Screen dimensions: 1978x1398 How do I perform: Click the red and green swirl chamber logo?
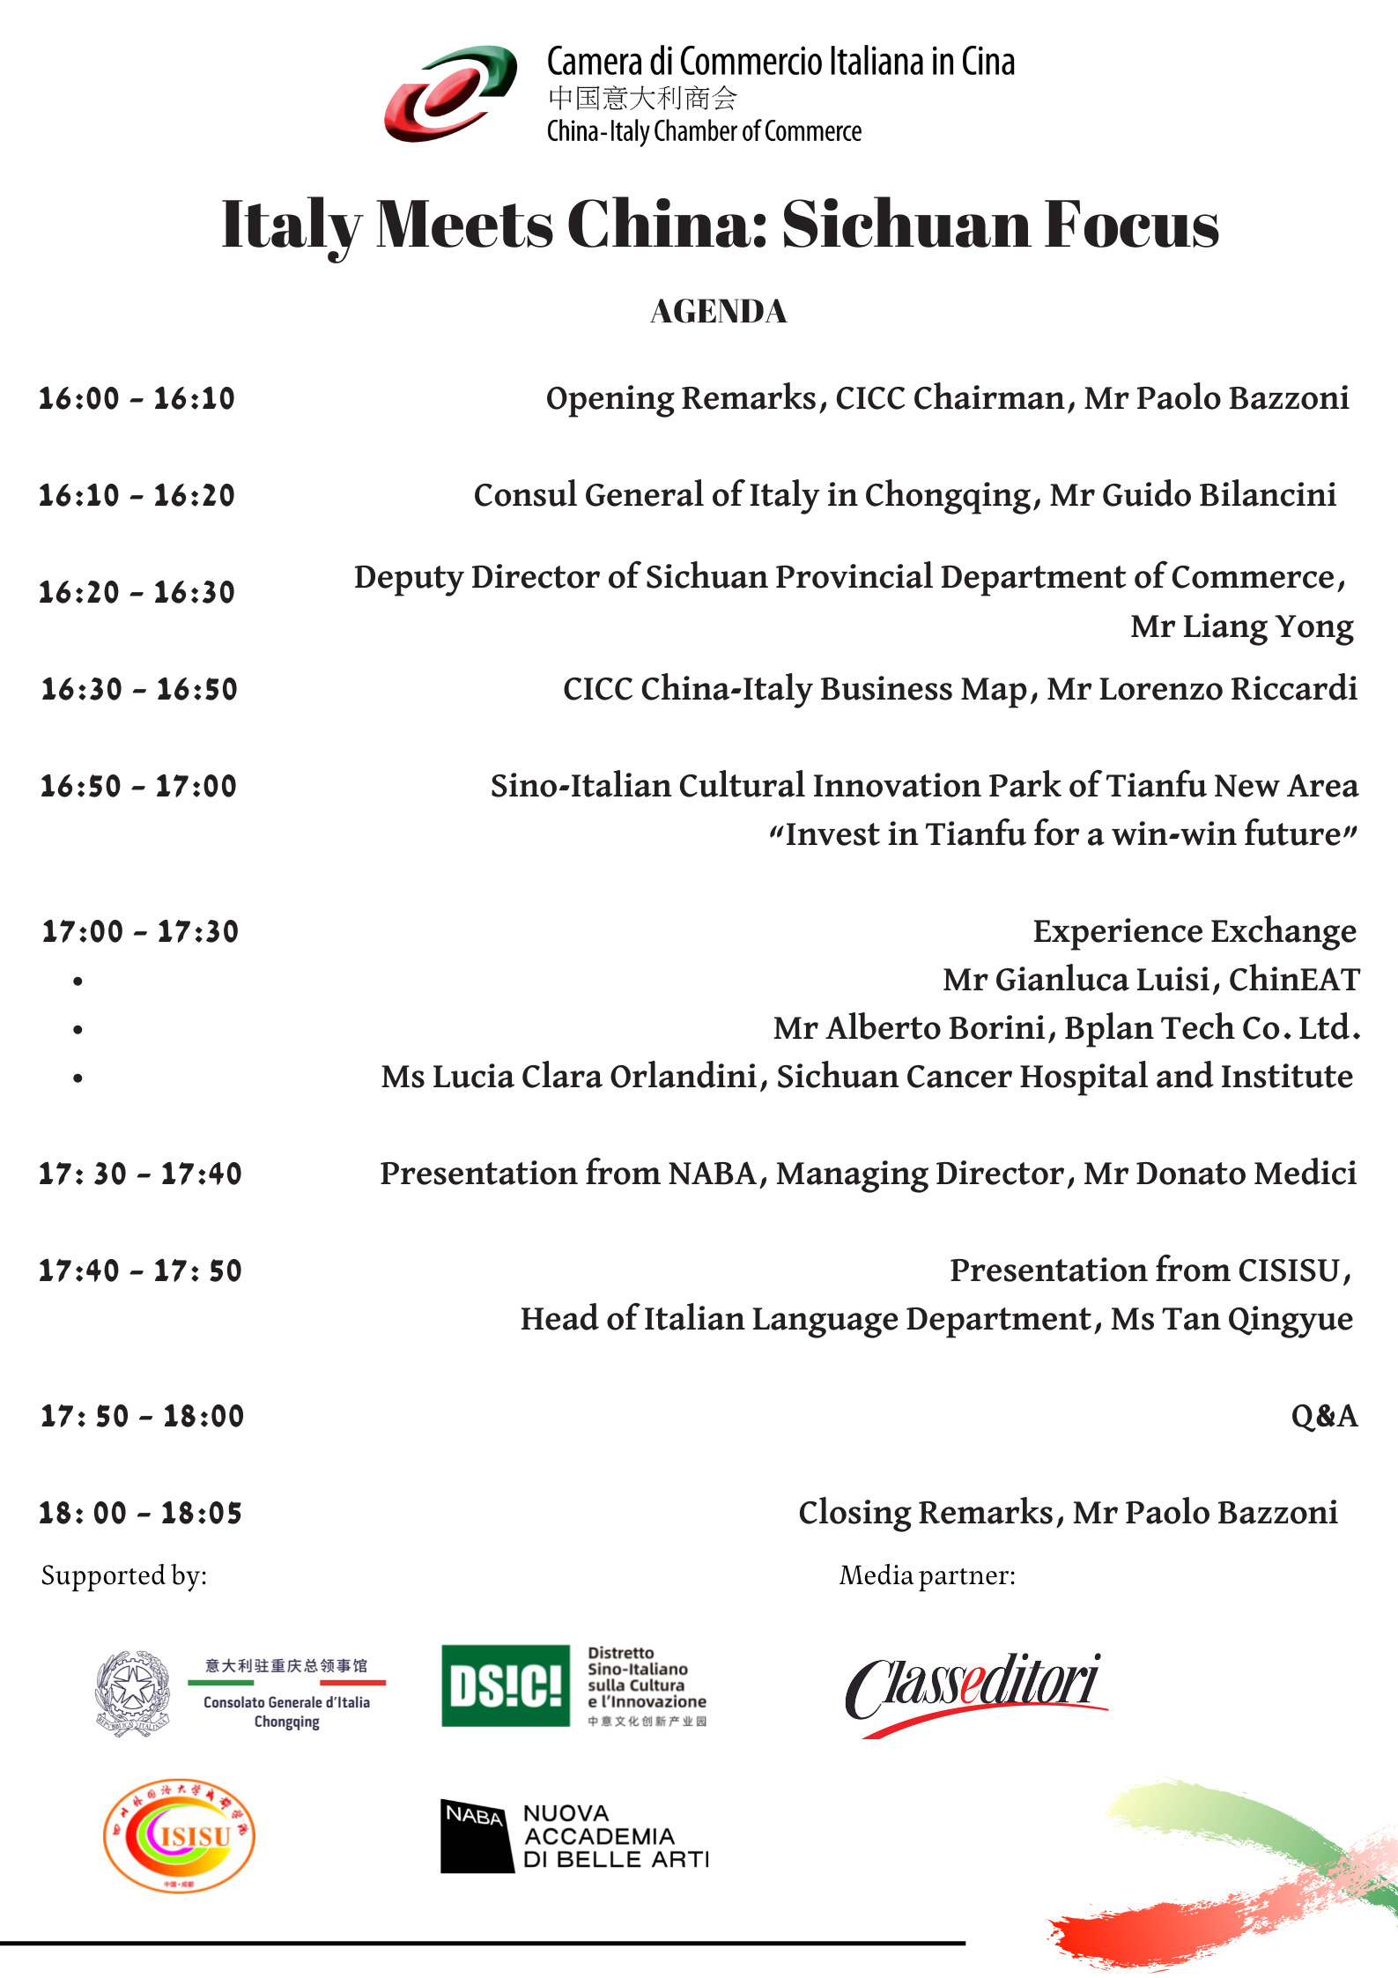point(450,93)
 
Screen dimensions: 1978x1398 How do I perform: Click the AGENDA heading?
point(718,312)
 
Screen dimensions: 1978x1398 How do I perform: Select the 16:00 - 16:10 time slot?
point(137,398)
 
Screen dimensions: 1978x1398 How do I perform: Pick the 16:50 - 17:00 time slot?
point(138,786)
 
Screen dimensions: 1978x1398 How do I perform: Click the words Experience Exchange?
point(1194,931)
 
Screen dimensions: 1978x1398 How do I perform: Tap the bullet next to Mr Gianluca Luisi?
point(78,981)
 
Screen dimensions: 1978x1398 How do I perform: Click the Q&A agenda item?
point(1323,1416)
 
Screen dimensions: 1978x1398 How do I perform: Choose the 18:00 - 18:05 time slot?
point(140,1513)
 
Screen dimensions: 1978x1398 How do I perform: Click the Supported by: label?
point(124,1575)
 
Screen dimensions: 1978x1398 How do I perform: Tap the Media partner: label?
point(927,1575)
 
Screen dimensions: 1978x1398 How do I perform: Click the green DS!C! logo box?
point(505,1685)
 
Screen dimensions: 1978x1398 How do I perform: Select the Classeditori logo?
point(973,1692)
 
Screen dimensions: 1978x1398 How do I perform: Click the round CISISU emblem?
point(179,1834)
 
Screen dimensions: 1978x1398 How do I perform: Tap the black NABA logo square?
point(476,1835)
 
